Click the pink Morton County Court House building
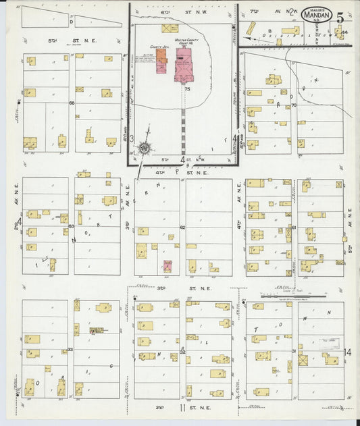[184, 69]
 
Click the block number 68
[71, 103]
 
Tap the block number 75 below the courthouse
[186, 88]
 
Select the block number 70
[294, 105]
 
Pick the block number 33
[70, 350]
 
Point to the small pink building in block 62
[167, 266]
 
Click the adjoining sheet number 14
[348, 352]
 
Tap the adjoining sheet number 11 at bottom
[182, 408]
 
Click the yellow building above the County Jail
[170, 29]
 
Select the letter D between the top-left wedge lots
[71, 22]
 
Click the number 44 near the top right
[344, 32]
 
